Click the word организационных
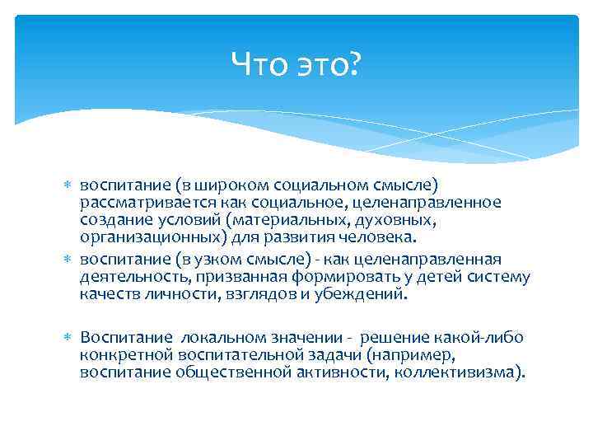[x=141, y=238]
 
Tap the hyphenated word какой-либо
[x=480, y=337]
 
